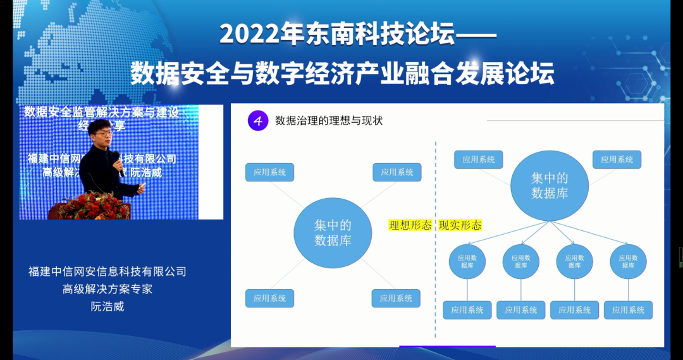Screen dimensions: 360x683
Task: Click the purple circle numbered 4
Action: (257, 121)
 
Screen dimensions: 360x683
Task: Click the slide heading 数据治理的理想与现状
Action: (329, 121)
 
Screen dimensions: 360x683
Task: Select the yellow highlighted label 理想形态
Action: (410, 225)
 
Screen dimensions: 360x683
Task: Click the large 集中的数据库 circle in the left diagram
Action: (332, 233)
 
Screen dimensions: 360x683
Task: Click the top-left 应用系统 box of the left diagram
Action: (270, 172)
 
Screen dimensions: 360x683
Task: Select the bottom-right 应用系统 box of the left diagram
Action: (397, 298)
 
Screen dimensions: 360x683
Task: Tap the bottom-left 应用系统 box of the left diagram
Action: (270, 298)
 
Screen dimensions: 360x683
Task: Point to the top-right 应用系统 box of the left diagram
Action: (397, 172)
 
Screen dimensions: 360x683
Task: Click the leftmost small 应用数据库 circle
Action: (467, 261)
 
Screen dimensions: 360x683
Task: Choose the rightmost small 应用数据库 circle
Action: (628, 261)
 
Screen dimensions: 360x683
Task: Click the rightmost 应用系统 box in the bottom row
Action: (628, 310)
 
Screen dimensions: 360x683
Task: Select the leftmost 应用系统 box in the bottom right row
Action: (467, 310)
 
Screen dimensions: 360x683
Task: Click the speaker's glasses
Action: (101, 134)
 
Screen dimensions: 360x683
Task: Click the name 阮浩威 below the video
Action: (108, 307)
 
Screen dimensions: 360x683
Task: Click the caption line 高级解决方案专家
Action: (108, 289)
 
